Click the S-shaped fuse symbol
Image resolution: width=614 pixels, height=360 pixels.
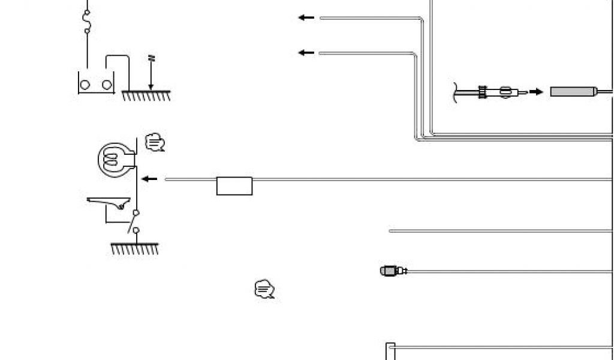[88, 21]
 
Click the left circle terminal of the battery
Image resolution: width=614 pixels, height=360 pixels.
[85, 85]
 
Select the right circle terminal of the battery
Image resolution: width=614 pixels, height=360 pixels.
[107, 85]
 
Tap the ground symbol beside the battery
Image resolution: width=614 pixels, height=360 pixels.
[147, 95]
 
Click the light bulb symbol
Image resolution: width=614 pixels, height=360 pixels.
[112, 158]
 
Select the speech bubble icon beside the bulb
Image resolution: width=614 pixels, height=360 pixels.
[155, 143]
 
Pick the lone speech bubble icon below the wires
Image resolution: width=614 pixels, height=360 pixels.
[264, 289]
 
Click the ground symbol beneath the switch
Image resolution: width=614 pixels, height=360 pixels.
[135, 248]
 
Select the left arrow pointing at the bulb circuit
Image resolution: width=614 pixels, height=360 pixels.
[149, 179]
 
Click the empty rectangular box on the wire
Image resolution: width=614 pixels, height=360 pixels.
[234, 186]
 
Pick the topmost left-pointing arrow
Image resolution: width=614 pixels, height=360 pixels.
[306, 18]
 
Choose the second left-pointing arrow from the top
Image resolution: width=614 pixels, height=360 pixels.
[306, 53]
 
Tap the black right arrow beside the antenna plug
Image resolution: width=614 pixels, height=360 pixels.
[536, 92]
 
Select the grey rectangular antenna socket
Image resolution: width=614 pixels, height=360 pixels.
[573, 92]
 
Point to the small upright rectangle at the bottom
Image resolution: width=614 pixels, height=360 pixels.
[390, 351]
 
